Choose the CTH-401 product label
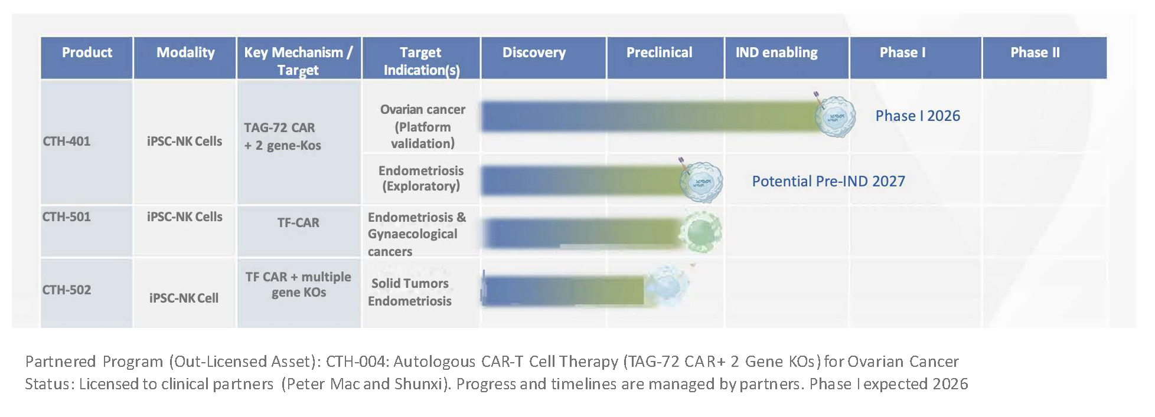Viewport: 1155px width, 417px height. click(66, 141)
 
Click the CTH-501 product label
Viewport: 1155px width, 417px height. click(66, 216)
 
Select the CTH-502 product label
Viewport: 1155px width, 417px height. click(66, 290)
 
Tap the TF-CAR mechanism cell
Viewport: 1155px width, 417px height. click(298, 222)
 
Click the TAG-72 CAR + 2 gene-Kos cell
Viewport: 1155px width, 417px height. click(283, 136)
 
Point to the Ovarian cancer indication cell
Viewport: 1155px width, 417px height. click(423, 126)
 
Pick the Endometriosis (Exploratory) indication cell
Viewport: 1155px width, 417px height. click(421, 178)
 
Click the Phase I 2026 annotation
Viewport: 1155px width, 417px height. click(918, 116)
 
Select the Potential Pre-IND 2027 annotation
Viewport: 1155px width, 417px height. click(828, 181)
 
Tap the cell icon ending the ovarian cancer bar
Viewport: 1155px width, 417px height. click(834, 116)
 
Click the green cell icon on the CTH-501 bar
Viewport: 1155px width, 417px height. click(701, 232)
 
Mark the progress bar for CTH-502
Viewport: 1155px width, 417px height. click(563, 290)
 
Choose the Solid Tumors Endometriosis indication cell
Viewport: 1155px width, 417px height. click(410, 292)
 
